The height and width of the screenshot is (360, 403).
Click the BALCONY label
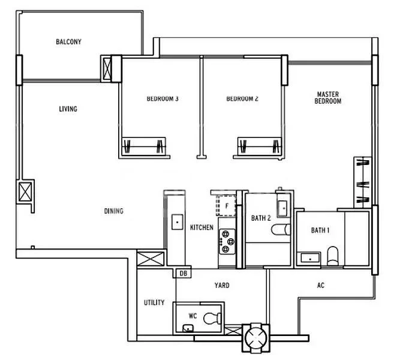click(68, 42)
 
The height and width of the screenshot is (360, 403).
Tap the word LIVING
click(68, 109)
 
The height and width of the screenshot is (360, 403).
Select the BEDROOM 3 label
click(163, 99)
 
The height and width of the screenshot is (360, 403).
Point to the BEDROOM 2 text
click(242, 99)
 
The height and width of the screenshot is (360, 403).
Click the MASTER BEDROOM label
click(328, 98)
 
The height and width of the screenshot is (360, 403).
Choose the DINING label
click(113, 211)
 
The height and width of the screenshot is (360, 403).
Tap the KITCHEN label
click(202, 228)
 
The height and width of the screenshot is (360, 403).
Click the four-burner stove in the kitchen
click(227, 243)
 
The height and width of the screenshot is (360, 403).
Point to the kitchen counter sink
click(177, 223)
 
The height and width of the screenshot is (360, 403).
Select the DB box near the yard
click(182, 274)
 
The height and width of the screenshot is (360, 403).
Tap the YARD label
click(222, 286)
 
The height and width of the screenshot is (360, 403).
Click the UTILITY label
click(154, 303)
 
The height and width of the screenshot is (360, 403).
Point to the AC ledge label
click(321, 286)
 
